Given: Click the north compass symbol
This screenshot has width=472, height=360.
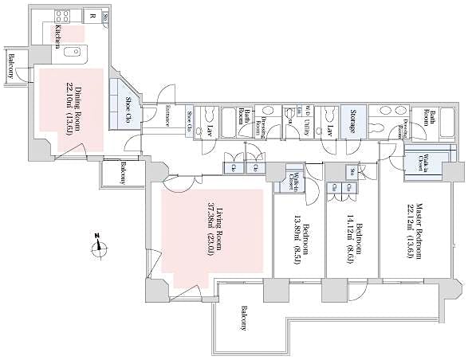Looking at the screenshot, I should coord(100,246).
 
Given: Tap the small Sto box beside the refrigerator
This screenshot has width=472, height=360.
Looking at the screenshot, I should coord(107,15).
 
